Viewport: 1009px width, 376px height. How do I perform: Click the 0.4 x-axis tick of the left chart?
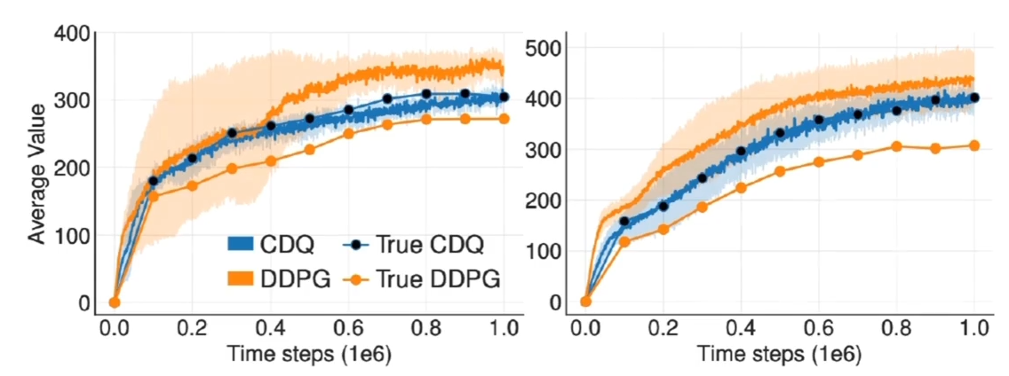coord(271,327)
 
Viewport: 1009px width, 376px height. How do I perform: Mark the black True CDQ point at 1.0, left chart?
coord(504,97)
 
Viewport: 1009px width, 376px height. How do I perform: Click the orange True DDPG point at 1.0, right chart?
coord(974,145)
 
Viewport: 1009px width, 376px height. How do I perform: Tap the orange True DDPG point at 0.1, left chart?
coord(153,196)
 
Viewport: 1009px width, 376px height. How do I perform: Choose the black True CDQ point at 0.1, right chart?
coord(624,222)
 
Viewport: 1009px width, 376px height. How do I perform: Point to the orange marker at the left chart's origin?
coord(114,302)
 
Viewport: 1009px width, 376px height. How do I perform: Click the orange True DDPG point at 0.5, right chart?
coord(780,171)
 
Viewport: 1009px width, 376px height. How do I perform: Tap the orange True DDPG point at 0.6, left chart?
coord(348,134)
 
